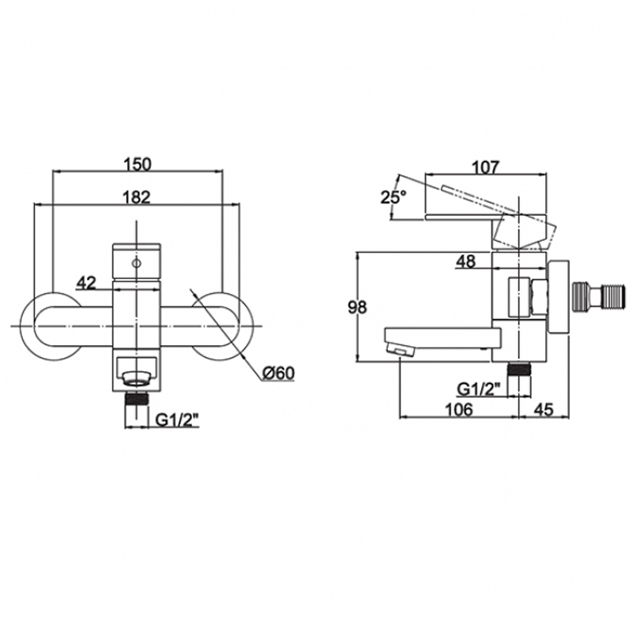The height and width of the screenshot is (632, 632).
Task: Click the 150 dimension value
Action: [137, 164]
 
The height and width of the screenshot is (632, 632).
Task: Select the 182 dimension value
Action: [137, 197]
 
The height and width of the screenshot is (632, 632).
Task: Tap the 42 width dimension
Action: [87, 283]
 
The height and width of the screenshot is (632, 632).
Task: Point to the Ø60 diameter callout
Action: [279, 373]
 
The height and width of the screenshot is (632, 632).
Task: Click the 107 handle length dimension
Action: [485, 167]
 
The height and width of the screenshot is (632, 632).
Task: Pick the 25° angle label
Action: [393, 197]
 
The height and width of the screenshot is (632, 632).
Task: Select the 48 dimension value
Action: [465, 261]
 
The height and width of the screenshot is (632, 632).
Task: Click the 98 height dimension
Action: [358, 307]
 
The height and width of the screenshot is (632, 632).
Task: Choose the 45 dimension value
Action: [544, 409]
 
